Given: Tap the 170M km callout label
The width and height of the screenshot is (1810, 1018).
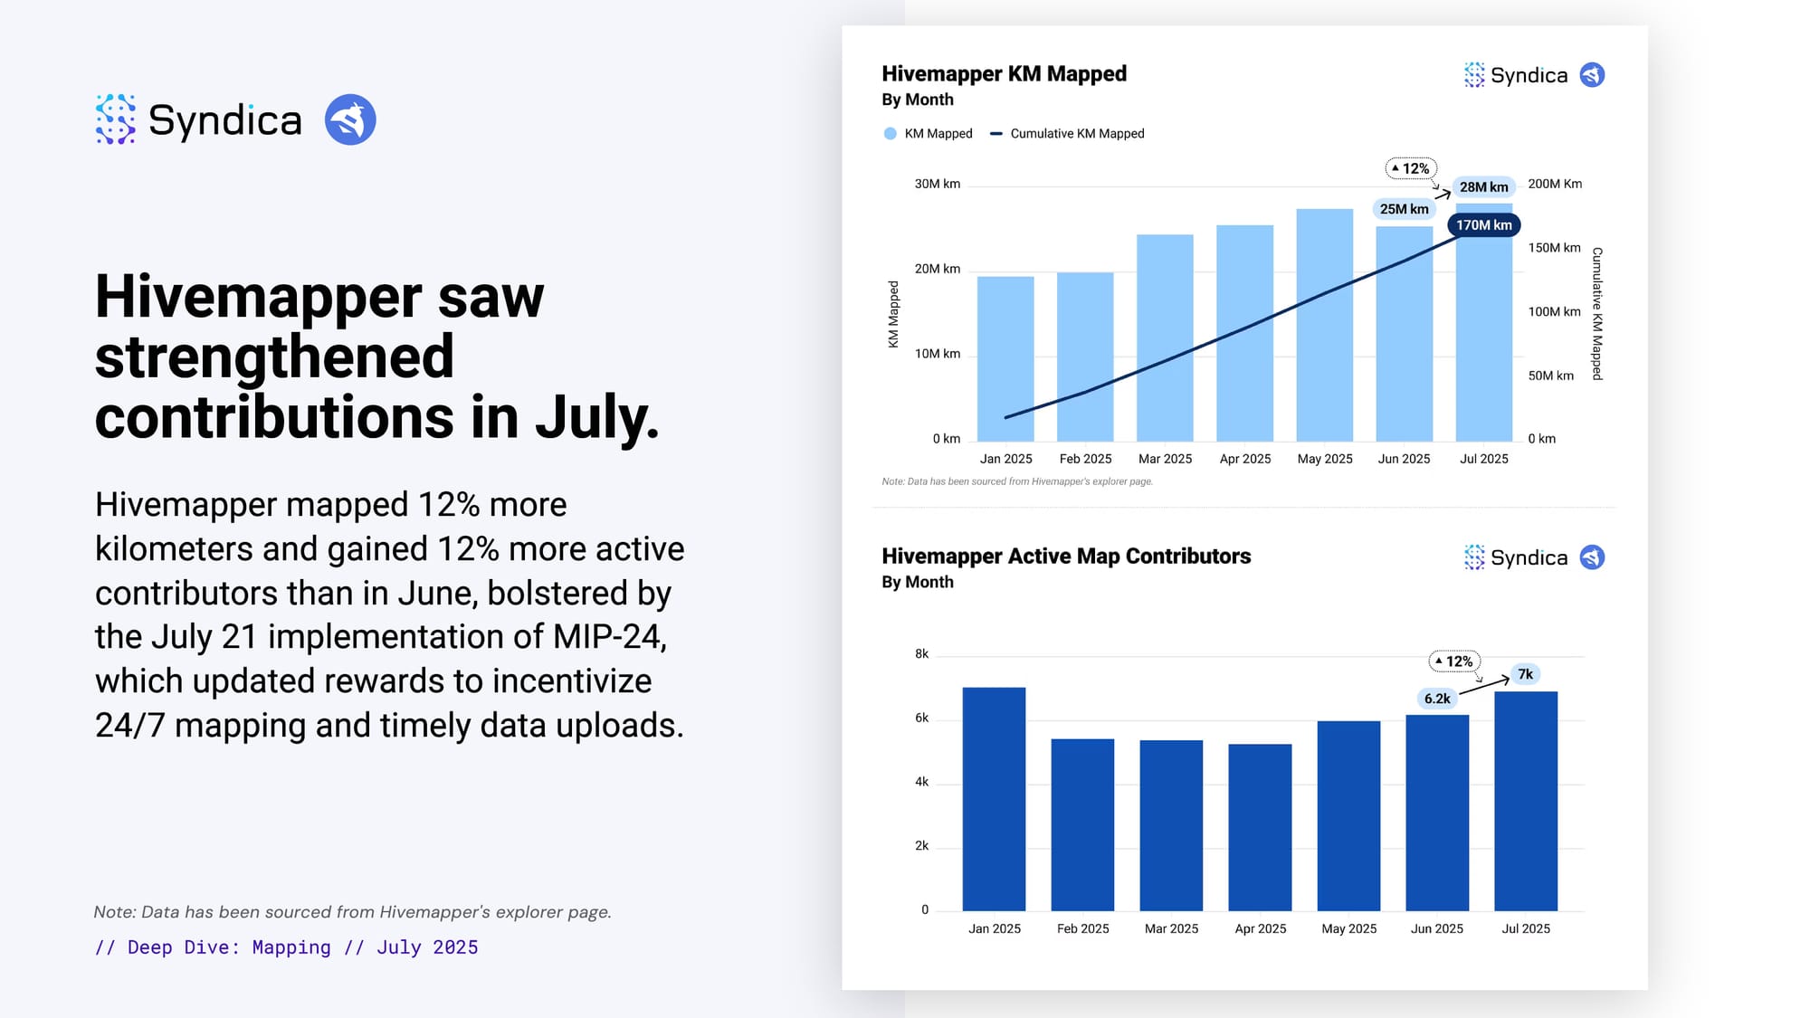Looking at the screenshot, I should [x=1483, y=225].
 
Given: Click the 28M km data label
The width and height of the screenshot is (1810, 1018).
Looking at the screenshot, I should [x=1483, y=187].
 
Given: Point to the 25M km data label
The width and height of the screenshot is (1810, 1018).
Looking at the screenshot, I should [x=1404, y=209].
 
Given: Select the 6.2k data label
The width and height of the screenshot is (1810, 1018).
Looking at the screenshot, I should [x=1437, y=699].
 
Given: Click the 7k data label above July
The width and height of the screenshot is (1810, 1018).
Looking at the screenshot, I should [x=1525, y=674].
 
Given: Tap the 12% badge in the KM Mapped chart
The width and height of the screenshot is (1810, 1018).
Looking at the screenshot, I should [x=1411, y=168].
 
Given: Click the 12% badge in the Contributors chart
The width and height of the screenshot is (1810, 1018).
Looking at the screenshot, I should [x=1454, y=661].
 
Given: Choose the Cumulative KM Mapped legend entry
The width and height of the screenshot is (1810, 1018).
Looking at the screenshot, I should [x=1067, y=134].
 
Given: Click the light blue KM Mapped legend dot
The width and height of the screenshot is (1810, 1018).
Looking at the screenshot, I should [x=890, y=134].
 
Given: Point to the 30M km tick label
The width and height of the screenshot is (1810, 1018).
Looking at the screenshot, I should [x=937, y=184].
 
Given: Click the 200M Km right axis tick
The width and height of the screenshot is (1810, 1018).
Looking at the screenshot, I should [x=1555, y=184].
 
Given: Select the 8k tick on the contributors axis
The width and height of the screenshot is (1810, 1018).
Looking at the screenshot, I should [x=921, y=653].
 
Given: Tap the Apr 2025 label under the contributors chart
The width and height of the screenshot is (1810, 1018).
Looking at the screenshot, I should [x=1260, y=928].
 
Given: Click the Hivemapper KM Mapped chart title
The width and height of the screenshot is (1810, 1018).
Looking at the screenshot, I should [x=1004, y=73].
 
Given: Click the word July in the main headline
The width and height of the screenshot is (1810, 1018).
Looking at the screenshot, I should [x=596, y=417].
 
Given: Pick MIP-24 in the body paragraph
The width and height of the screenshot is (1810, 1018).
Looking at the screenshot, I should [x=609, y=636].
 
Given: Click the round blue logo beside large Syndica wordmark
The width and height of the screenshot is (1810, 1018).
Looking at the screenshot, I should [x=350, y=119].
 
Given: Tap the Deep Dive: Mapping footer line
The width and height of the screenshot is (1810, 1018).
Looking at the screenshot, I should [x=286, y=947].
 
